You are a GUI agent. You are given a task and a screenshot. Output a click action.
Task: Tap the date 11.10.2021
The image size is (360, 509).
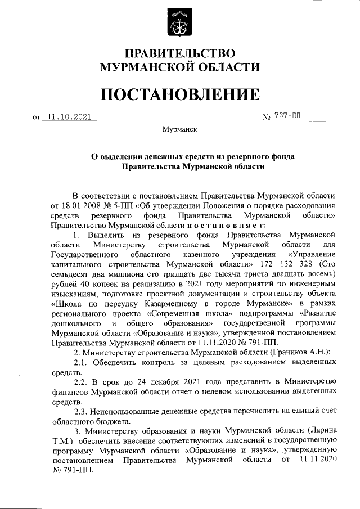pyautogui.click(x=69, y=117)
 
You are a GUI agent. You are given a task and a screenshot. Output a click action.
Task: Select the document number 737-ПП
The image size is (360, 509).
pyautogui.click(x=287, y=116)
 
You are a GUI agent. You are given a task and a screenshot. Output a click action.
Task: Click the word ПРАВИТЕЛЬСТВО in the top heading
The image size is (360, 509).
pyautogui.click(x=180, y=54)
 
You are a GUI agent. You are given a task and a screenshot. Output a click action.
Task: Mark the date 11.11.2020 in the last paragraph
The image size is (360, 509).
pyautogui.click(x=318, y=460)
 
